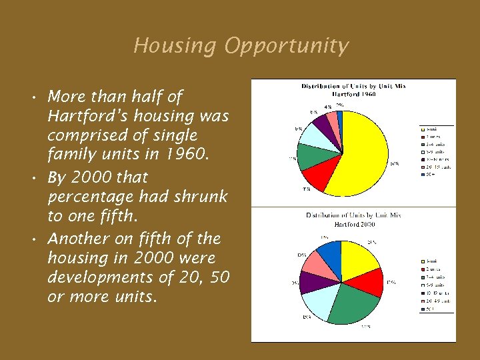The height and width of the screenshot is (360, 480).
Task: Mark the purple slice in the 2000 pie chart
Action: [311, 282]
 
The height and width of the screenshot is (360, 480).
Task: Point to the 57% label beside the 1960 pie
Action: [395, 163]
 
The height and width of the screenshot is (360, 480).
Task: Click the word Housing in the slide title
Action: [175, 46]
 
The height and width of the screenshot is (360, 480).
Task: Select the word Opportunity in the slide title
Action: [287, 46]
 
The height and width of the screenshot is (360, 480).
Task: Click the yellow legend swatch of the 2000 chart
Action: [423, 261]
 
